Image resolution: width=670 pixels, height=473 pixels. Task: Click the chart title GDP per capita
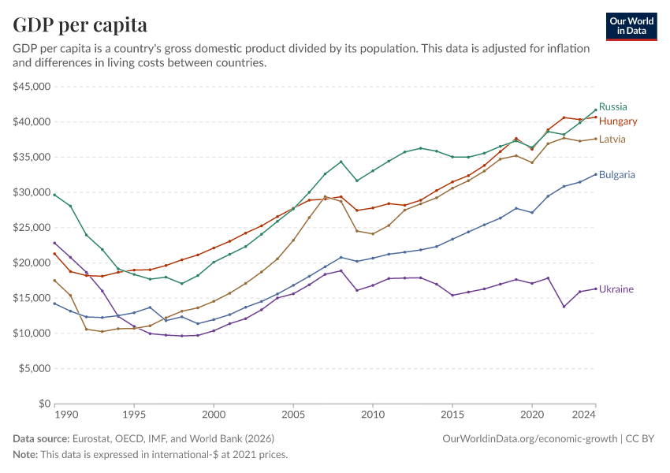[x=80, y=25]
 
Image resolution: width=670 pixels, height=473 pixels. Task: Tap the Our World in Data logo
[x=631, y=25]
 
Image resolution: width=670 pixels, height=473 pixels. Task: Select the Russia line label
[x=612, y=106]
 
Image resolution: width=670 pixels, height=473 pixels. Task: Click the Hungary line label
[x=618, y=121]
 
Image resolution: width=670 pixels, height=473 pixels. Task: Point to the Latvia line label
[x=612, y=139]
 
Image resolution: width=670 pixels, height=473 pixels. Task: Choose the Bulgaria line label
[x=617, y=174]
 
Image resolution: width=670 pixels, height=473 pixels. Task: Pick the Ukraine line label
[x=616, y=289]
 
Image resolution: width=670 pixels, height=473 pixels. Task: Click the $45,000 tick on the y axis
[x=30, y=87]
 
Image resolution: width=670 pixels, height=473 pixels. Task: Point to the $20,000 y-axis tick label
[x=30, y=263]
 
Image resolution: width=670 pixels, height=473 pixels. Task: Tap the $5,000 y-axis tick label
[x=32, y=368]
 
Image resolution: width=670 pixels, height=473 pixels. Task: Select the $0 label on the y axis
[x=44, y=404]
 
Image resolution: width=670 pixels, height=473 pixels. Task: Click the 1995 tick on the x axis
[x=134, y=414]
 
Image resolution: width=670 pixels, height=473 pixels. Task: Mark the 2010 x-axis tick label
[x=373, y=414]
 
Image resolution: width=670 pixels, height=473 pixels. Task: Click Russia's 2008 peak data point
[x=341, y=162]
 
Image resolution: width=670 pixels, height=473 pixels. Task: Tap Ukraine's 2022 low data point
[x=564, y=306]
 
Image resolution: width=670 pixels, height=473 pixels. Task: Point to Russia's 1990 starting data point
[x=55, y=195]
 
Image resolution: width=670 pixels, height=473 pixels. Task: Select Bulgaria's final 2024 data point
[x=595, y=174]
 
